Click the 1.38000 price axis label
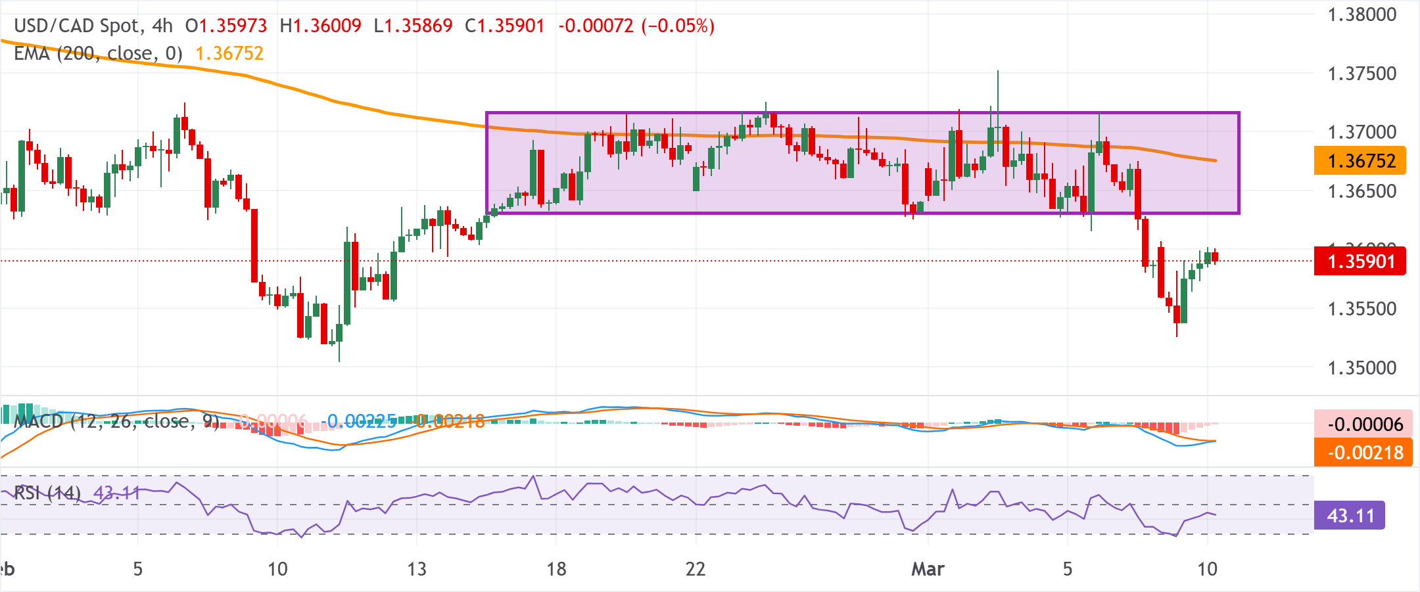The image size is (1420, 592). pyautogui.click(x=1361, y=14)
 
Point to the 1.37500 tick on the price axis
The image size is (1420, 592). pyautogui.click(x=1361, y=74)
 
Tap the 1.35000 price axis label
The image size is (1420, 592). pyautogui.click(x=1361, y=368)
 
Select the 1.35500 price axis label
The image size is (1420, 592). pyautogui.click(x=1361, y=309)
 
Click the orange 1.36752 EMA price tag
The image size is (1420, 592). pyautogui.click(x=1360, y=161)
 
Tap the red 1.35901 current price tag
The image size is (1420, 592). pyautogui.click(x=1360, y=262)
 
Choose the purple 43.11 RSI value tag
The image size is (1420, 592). pyautogui.click(x=1350, y=516)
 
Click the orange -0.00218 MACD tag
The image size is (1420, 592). pyautogui.click(x=1363, y=453)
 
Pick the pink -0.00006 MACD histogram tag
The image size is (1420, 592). pyautogui.click(x=1363, y=424)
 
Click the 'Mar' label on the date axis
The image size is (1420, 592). pyautogui.click(x=928, y=569)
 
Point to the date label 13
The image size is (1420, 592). pyautogui.click(x=417, y=569)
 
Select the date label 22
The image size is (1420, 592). pyautogui.click(x=696, y=569)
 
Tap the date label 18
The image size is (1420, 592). pyautogui.click(x=556, y=569)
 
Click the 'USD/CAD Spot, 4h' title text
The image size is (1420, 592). pyautogui.click(x=93, y=26)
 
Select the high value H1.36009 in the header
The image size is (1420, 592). pyautogui.click(x=320, y=26)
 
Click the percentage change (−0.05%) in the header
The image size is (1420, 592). pyautogui.click(x=678, y=26)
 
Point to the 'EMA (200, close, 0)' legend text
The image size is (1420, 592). pyautogui.click(x=98, y=53)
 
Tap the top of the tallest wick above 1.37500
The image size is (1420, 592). pyautogui.click(x=997, y=71)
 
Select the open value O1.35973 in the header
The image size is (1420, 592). pyautogui.click(x=226, y=26)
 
